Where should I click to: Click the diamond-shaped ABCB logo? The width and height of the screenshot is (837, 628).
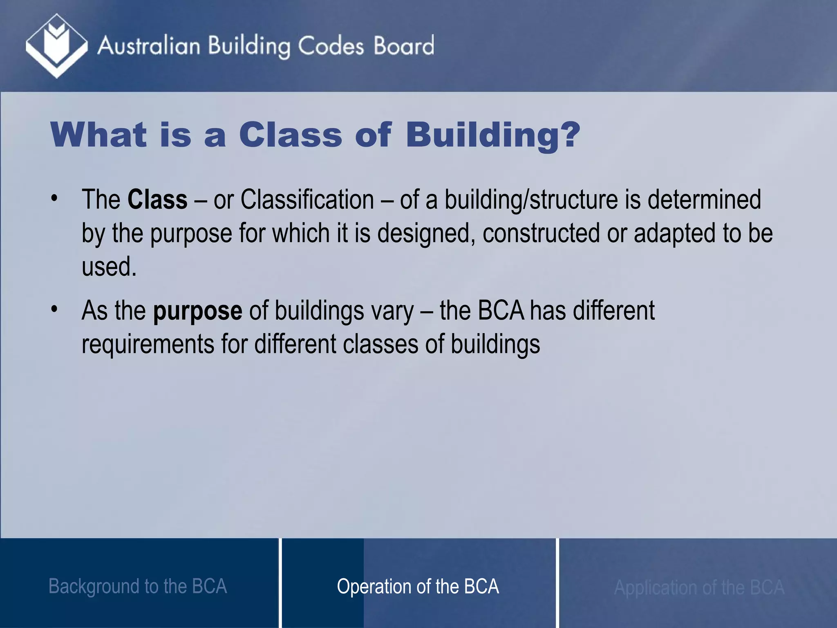click(x=56, y=46)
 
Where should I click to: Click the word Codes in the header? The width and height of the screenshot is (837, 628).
click(x=331, y=46)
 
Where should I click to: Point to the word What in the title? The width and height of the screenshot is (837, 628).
click(x=98, y=135)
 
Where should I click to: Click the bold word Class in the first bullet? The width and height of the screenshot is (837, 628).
click(x=157, y=200)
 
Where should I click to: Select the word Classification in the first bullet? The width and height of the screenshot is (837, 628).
click(x=307, y=200)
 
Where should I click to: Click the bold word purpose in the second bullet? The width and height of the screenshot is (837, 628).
click(x=197, y=311)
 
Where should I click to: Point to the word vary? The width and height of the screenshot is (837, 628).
click(x=392, y=311)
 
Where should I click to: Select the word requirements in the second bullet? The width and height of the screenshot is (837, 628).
click(x=148, y=344)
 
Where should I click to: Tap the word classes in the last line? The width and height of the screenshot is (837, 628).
click(x=380, y=344)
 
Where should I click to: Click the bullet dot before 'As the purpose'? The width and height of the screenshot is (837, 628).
click(x=54, y=309)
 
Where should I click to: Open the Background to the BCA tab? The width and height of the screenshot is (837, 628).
click(x=138, y=586)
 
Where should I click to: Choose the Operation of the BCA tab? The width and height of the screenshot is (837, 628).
click(x=418, y=586)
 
